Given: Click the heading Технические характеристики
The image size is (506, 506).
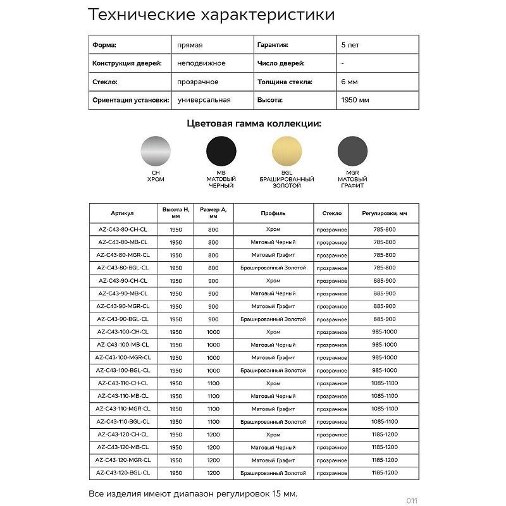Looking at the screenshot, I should coord(211,15).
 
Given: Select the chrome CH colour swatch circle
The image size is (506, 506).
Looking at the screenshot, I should coord(155,152).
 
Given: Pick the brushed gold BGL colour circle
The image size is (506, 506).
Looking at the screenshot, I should coord(287,152).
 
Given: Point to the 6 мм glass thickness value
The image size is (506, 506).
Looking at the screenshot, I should coord(349,82).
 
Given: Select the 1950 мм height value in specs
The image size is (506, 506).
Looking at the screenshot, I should coord(355,100).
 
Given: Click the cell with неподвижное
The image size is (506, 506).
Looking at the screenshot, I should coord(201,63).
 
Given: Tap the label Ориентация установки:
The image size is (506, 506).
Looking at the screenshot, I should coord(130,100).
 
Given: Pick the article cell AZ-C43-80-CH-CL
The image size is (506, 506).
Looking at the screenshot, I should coord(123,230).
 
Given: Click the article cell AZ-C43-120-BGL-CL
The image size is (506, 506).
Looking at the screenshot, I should coord(123,472).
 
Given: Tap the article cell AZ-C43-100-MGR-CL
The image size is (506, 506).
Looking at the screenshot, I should coord(123,357).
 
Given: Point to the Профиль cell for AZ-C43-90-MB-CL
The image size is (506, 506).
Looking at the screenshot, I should coord(273,293).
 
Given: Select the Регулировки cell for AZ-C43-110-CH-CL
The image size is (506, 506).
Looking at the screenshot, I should coord(385,383).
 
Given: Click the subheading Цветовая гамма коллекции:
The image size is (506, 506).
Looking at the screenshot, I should coord(253,124).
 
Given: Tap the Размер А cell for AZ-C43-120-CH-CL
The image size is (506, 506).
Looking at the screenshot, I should coord(213,435).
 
